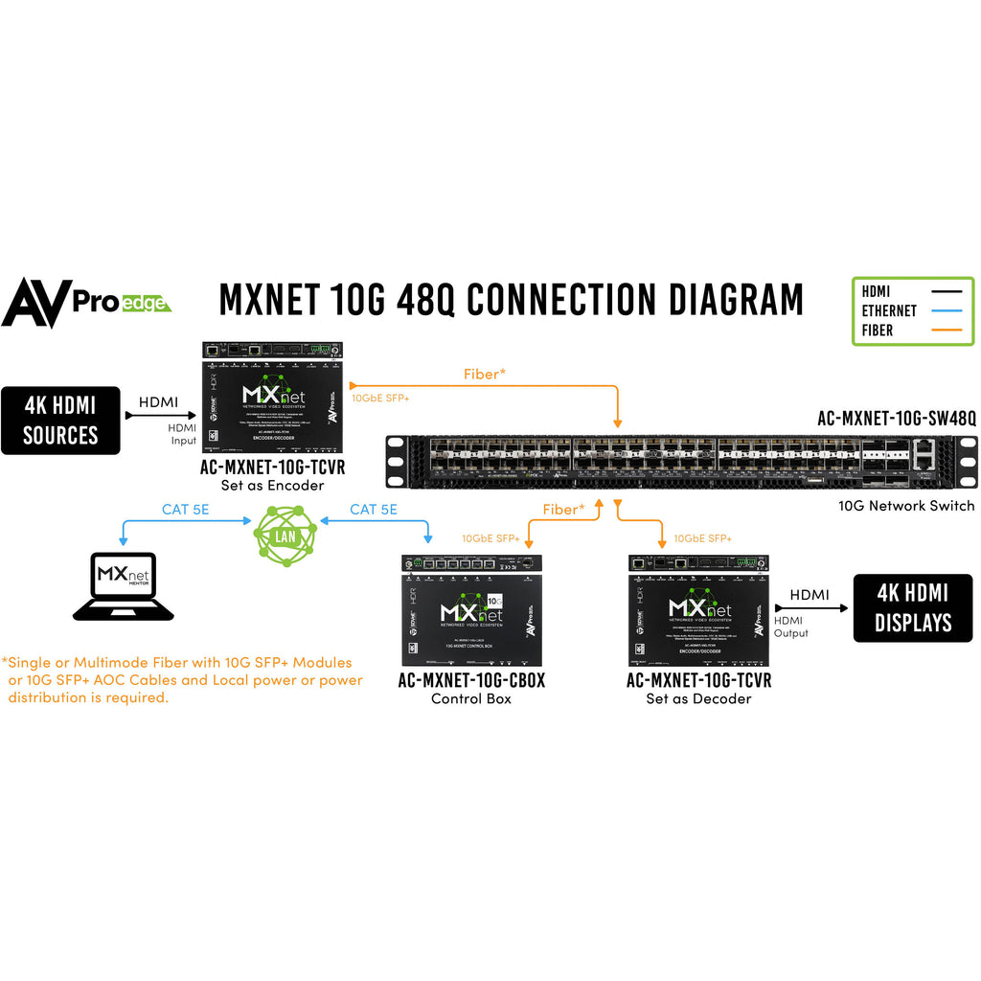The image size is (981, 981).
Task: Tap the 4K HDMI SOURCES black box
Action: click(60, 420)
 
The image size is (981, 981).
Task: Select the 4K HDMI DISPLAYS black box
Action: click(913, 608)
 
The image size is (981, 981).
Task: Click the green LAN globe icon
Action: click(285, 534)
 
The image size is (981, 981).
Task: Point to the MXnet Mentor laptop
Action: click(124, 585)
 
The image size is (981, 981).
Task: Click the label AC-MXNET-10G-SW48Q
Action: click(897, 419)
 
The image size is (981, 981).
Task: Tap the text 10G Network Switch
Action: click(906, 505)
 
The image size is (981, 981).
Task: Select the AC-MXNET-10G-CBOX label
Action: click(471, 680)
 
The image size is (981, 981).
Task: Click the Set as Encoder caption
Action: click(272, 485)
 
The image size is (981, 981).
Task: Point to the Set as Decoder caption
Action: click(698, 698)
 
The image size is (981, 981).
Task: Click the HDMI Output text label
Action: click(791, 627)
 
